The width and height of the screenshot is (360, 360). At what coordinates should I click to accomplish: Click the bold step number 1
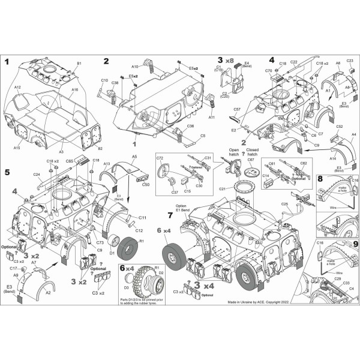pyautogui.click(x=7, y=62)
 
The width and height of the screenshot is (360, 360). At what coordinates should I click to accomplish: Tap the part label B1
pyautogui.click(x=79, y=63)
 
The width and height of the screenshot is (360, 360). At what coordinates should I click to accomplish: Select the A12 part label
pyautogui.click(x=18, y=88)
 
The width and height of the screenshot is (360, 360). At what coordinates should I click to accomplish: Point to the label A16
pyautogui.click(x=74, y=89)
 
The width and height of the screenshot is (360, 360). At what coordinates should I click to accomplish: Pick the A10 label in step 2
pyautogui.click(x=135, y=67)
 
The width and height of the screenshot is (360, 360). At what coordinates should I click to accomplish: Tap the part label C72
pyautogui.click(x=160, y=158)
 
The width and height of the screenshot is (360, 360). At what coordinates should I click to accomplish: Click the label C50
pyautogui.click(x=146, y=185)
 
